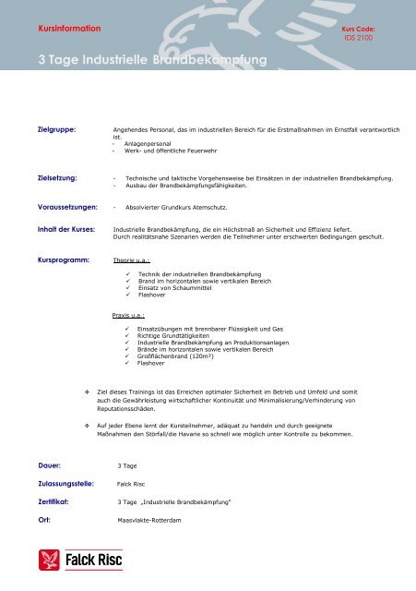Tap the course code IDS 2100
(356, 40)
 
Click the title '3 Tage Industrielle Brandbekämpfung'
(152, 62)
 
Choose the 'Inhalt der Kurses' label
(65, 227)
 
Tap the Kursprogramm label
(63, 260)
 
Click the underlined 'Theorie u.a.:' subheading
(131, 261)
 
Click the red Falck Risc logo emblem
(48, 560)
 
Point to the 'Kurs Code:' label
(358, 30)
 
